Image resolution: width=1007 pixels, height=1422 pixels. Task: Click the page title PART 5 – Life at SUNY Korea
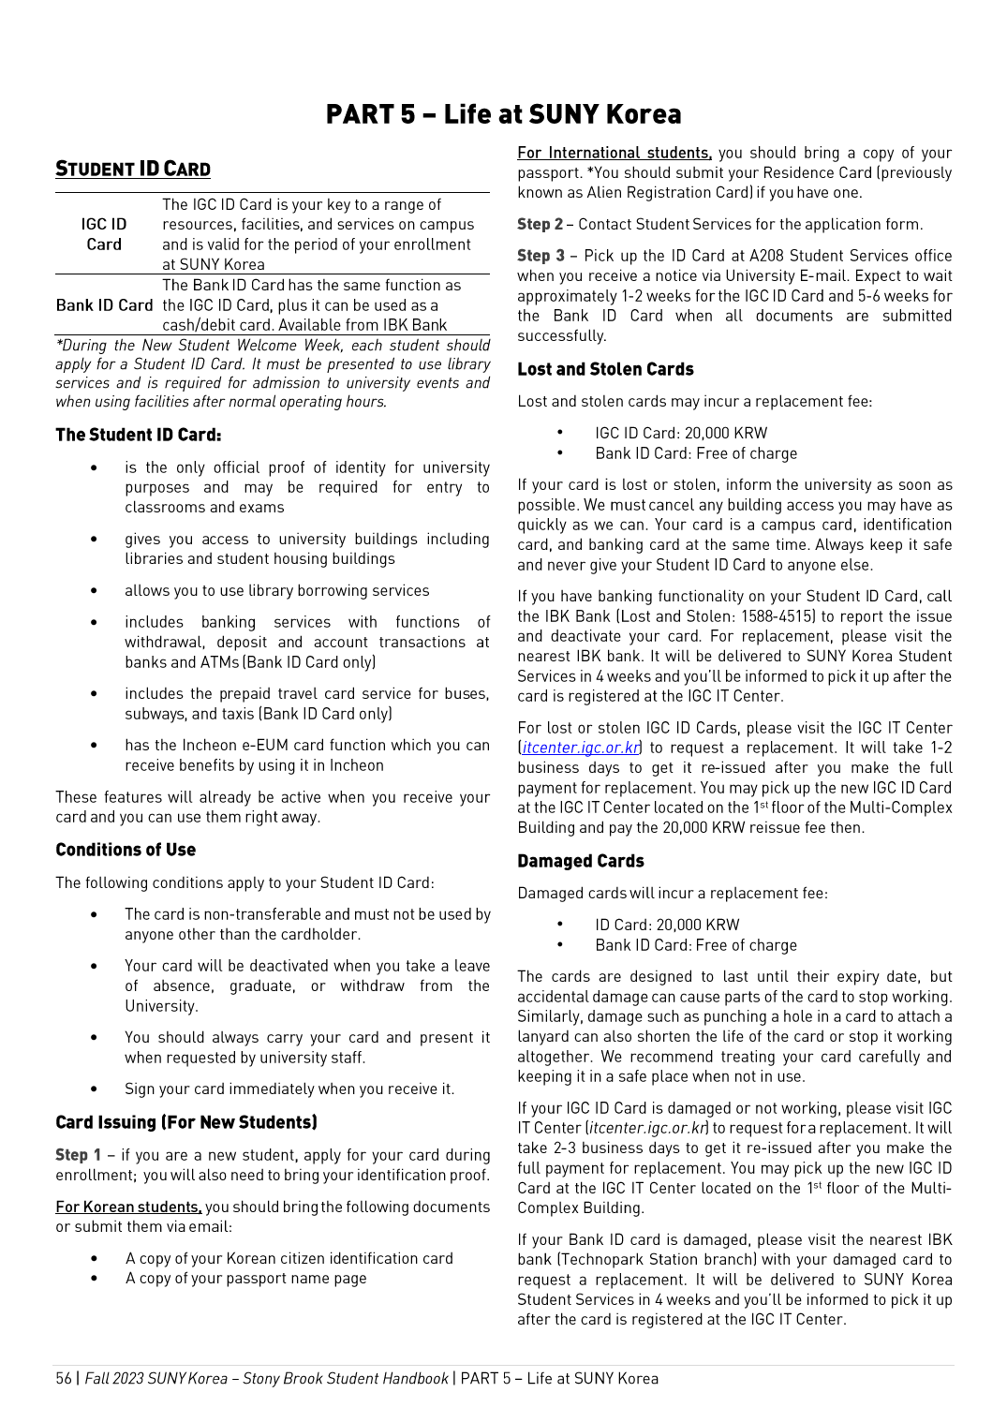pyautogui.click(x=503, y=114)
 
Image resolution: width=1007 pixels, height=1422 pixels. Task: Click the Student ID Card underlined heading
pyautogui.click(x=133, y=169)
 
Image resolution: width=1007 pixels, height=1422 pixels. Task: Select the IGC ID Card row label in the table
pyautogui.click(x=104, y=234)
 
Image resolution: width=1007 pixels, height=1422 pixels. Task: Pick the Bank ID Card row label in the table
pyautogui.click(x=104, y=305)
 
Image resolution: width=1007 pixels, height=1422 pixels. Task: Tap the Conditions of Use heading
pyautogui.click(x=126, y=850)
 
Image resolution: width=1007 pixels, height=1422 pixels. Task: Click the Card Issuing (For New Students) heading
pyautogui.click(x=186, y=1122)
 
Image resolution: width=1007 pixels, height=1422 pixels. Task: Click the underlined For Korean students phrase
pyautogui.click(x=128, y=1207)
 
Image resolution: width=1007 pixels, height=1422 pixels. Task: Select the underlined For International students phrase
pyautogui.click(x=615, y=153)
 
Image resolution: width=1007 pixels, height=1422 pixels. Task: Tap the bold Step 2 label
pyautogui.click(x=541, y=224)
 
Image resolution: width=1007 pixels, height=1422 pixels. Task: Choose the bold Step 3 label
pyautogui.click(x=541, y=256)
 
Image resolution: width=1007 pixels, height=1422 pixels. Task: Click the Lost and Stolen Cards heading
pyautogui.click(x=605, y=369)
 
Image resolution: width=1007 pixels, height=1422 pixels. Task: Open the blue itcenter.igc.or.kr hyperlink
pyautogui.click(x=582, y=748)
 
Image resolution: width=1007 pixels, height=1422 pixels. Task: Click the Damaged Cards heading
pyautogui.click(x=581, y=861)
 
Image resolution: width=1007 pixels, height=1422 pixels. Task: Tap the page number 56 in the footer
pyautogui.click(x=64, y=1378)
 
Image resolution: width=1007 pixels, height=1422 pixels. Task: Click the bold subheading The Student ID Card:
pyautogui.click(x=139, y=435)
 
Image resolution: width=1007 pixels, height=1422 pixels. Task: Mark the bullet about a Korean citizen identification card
pyautogui.click(x=289, y=1258)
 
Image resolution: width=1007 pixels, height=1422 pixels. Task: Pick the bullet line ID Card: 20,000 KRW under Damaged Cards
pyautogui.click(x=667, y=925)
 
